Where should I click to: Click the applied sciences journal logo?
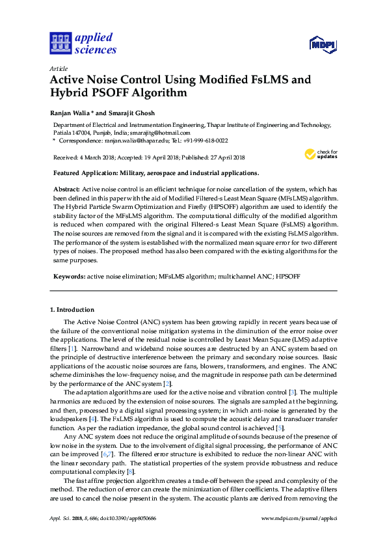82,44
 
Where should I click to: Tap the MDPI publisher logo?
323,44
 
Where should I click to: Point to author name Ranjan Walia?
71,111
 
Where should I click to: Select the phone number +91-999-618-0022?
204,140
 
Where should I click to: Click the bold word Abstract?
66,188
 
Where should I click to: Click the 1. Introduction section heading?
72,309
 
